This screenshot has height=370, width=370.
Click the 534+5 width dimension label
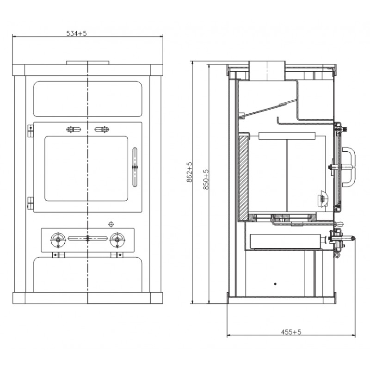[x=76, y=33]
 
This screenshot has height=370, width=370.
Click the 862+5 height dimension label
[x=190, y=172]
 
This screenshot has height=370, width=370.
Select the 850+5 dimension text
[x=206, y=179]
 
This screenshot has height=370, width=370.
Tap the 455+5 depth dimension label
[x=291, y=332]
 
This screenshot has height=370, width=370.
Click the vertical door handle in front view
[x=135, y=167]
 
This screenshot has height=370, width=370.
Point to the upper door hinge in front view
[x=31, y=131]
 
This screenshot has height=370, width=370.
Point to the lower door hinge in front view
[x=31, y=203]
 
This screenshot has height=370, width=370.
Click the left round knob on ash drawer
[x=58, y=240]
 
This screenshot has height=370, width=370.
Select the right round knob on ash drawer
[x=117, y=240]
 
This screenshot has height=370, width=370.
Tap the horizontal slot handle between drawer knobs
[x=87, y=238]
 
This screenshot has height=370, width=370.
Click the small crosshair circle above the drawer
[x=111, y=224]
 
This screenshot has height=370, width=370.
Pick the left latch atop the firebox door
[x=74, y=129]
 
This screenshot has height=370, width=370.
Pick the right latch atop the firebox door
[x=102, y=129]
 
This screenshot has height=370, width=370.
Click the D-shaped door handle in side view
[x=349, y=167]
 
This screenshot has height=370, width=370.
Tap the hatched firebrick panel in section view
[x=244, y=177]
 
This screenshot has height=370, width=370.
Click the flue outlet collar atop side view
[x=267, y=71]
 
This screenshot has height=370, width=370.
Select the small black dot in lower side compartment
[x=275, y=284]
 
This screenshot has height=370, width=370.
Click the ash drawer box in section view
[x=285, y=241]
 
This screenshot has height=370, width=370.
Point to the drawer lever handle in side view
[x=343, y=238]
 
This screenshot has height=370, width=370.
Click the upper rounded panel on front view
[x=87, y=99]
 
